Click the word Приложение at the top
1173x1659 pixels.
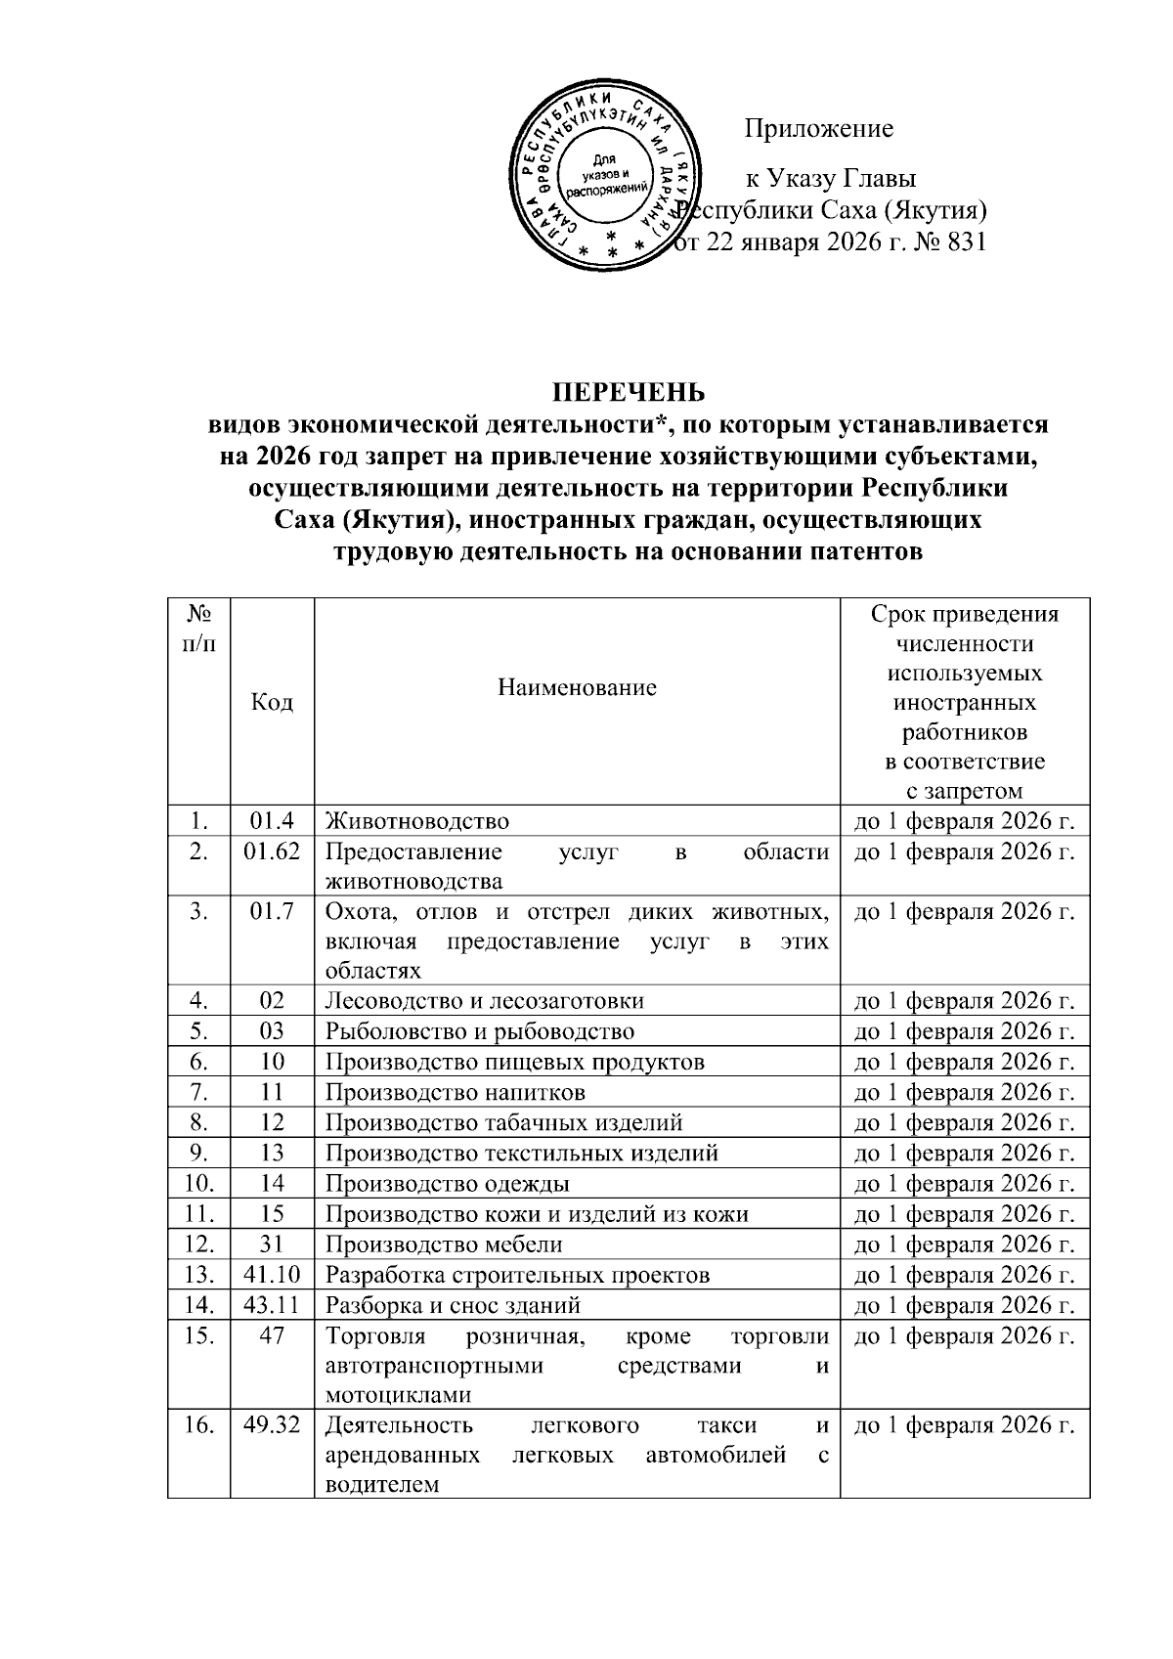point(819,128)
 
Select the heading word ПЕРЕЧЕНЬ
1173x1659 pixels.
point(629,393)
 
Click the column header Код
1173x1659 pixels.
point(272,702)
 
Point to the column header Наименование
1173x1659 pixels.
point(577,687)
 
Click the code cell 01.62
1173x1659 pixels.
point(272,851)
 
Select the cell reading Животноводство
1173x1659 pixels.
point(417,821)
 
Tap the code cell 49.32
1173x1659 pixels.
point(272,1424)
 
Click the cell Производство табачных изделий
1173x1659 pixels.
point(503,1122)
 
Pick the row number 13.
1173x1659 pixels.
point(198,1275)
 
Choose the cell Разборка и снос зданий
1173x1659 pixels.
point(453,1305)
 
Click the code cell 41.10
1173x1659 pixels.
point(272,1275)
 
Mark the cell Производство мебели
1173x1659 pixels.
point(444,1244)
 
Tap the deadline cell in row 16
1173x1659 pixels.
point(964,1424)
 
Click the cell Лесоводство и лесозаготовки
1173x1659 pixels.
point(484,1001)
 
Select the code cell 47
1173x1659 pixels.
point(272,1335)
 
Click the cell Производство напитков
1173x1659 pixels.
point(455,1092)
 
